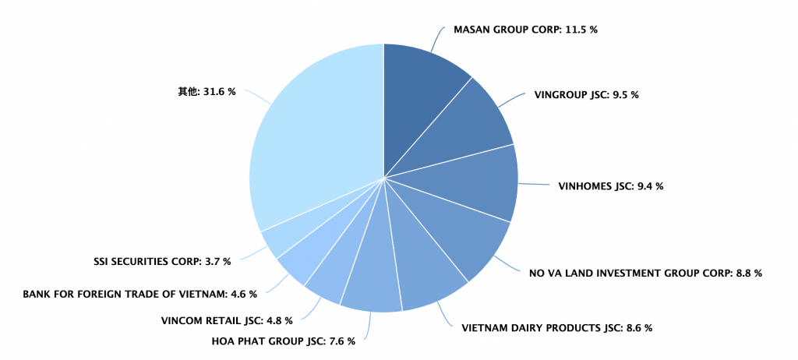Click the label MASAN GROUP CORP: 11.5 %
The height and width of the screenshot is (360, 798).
pos(526,30)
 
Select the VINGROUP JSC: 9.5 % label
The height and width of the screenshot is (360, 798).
pos(586,95)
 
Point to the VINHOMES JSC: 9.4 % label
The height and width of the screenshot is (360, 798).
pos(611,186)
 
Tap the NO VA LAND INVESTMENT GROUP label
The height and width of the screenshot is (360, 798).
pos(645,274)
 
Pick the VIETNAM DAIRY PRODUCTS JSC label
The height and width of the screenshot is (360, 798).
pos(556,328)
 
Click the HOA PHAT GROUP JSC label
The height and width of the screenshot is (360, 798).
pos(284,341)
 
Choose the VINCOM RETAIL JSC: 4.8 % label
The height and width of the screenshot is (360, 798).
pos(227,320)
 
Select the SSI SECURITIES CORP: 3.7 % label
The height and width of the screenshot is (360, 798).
pos(162,262)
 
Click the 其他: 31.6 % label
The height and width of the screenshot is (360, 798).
pos(207,92)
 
